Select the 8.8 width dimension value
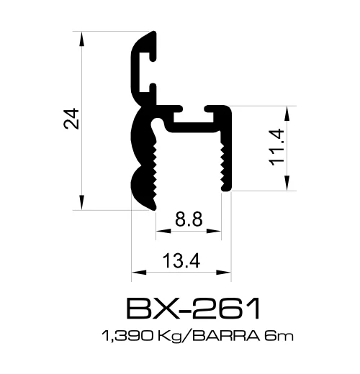(188, 219)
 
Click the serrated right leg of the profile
(225, 158)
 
